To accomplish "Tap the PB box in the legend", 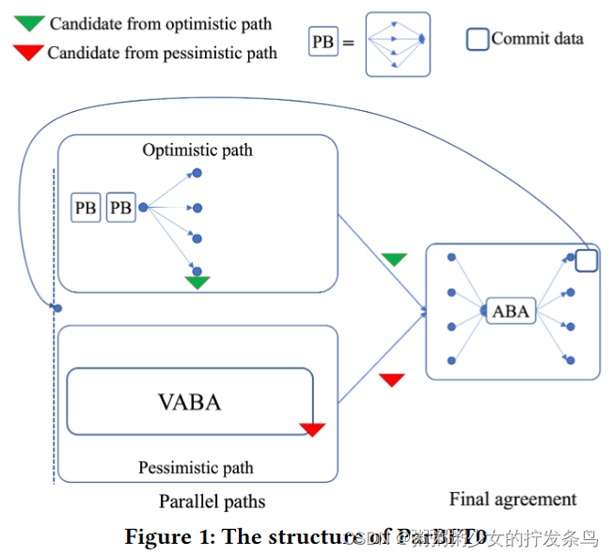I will (x=323, y=41).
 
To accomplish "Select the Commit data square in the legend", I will (x=478, y=40).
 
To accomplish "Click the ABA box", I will (x=511, y=311).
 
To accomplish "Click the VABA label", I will (x=189, y=403).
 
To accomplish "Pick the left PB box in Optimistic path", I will (x=86, y=208).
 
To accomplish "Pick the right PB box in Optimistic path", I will (x=120, y=208).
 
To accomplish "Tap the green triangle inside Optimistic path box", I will (x=196, y=281).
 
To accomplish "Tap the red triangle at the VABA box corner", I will (x=312, y=429).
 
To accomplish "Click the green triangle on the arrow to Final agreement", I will (x=395, y=260).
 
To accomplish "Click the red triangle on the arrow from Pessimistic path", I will (x=392, y=380).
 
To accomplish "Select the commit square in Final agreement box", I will (x=586, y=261).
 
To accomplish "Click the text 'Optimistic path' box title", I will (x=197, y=150).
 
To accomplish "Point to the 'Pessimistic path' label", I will (x=196, y=468).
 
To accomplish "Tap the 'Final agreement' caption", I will (x=512, y=500).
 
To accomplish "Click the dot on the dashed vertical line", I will (x=57, y=308).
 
